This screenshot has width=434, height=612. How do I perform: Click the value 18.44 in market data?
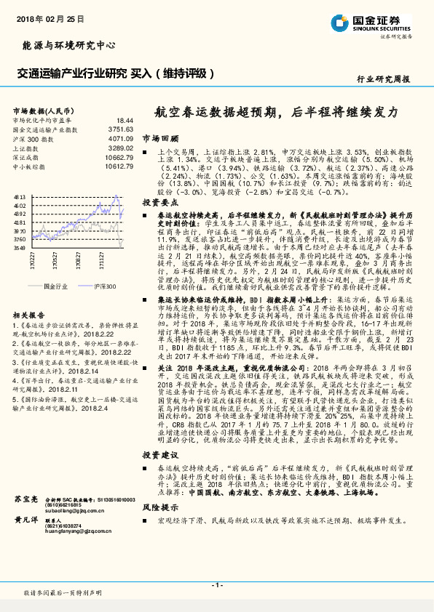[x=125, y=120]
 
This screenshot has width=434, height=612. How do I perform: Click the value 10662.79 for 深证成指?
[x=119, y=157]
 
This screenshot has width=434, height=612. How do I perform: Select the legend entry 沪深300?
[x=104, y=287]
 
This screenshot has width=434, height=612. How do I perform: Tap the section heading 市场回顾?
[x=159, y=137]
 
